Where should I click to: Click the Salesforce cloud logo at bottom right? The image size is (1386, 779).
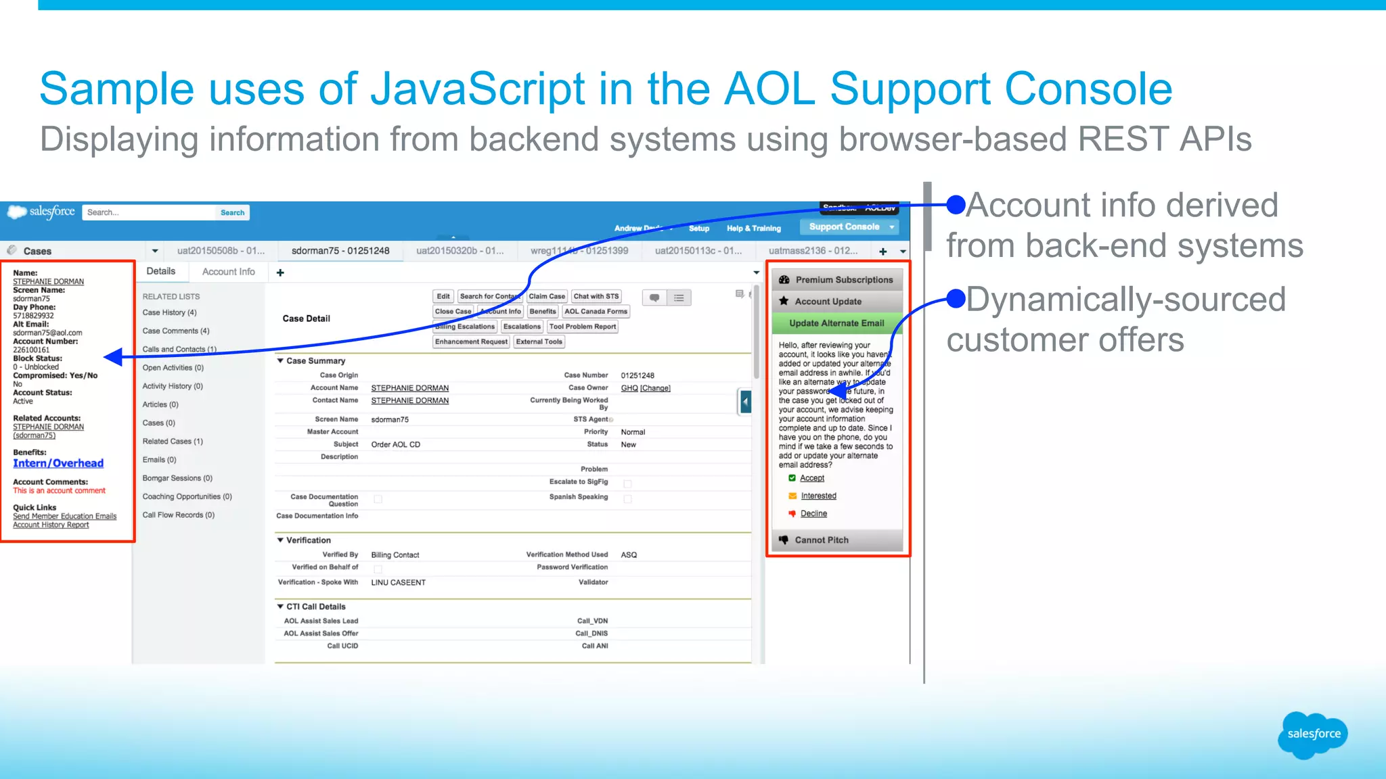[1313, 734]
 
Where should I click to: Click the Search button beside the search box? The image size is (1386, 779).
[232, 212]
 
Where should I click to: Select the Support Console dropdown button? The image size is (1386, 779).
[849, 227]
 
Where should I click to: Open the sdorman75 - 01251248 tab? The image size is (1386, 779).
[340, 251]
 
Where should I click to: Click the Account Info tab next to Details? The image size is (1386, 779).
[228, 272]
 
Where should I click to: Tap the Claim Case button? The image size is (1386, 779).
[546, 296]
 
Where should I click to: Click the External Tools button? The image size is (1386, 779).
[539, 341]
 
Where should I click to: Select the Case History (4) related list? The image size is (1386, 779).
[169, 312]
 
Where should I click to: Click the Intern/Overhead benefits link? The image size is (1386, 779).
[58, 463]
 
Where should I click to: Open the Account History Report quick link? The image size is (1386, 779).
[51, 525]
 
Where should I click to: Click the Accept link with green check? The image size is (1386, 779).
[811, 478]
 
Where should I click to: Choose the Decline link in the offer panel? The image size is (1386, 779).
[813, 514]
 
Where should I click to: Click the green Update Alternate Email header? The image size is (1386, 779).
[836, 323]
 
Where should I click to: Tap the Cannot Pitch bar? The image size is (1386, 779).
[836, 540]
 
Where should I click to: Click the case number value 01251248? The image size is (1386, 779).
[638, 375]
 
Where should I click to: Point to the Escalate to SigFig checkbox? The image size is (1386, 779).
[627, 483]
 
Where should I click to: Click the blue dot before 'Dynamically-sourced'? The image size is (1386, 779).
[956, 298]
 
